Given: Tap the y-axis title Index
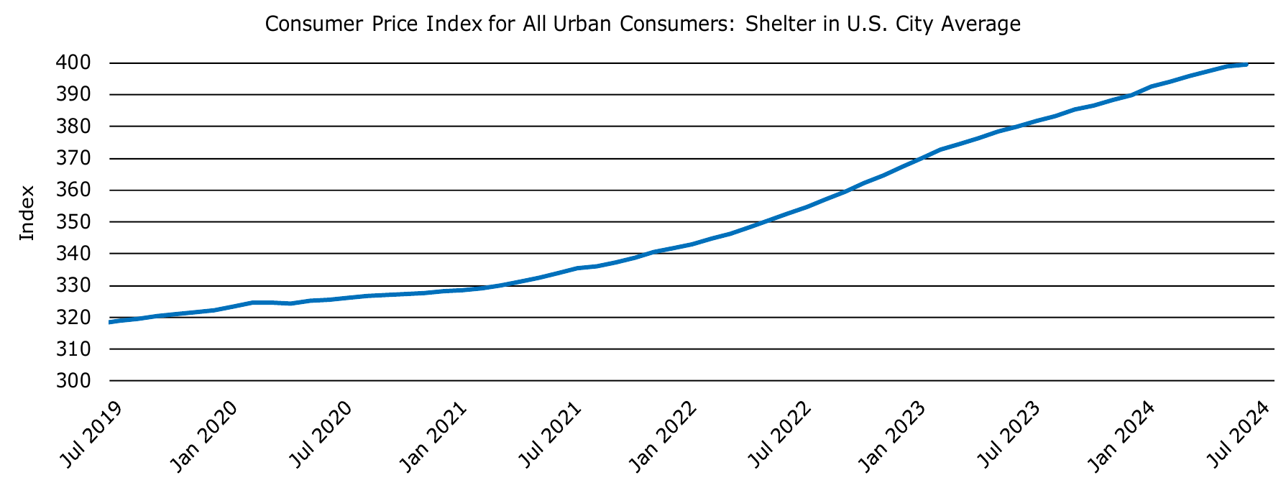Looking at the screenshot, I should (x=27, y=213).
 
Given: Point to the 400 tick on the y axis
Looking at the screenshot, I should (x=74, y=63).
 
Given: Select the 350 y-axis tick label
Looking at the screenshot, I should (x=74, y=222).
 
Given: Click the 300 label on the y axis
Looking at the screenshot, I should (x=74, y=381).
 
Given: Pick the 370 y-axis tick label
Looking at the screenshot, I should (x=74, y=159).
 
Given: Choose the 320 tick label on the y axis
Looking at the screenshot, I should (x=74, y=318).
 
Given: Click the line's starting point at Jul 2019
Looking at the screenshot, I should (x=110, y=322).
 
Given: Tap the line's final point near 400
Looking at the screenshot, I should (x=1246, y=65).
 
